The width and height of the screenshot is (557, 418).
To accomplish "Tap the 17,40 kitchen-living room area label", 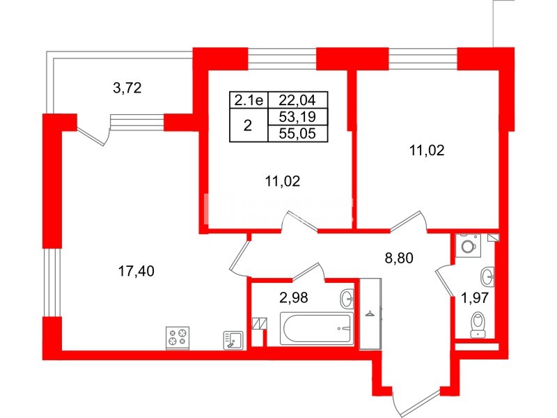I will pos(135,271).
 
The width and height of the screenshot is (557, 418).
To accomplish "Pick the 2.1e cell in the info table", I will pos(248,101).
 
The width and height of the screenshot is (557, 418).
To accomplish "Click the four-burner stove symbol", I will pos(177,338).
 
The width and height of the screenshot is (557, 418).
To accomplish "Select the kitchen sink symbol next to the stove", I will pos(233,339).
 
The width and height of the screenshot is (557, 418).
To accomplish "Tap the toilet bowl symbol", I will pos(478,324).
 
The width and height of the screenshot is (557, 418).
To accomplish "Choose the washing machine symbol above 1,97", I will pos(467,245).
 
